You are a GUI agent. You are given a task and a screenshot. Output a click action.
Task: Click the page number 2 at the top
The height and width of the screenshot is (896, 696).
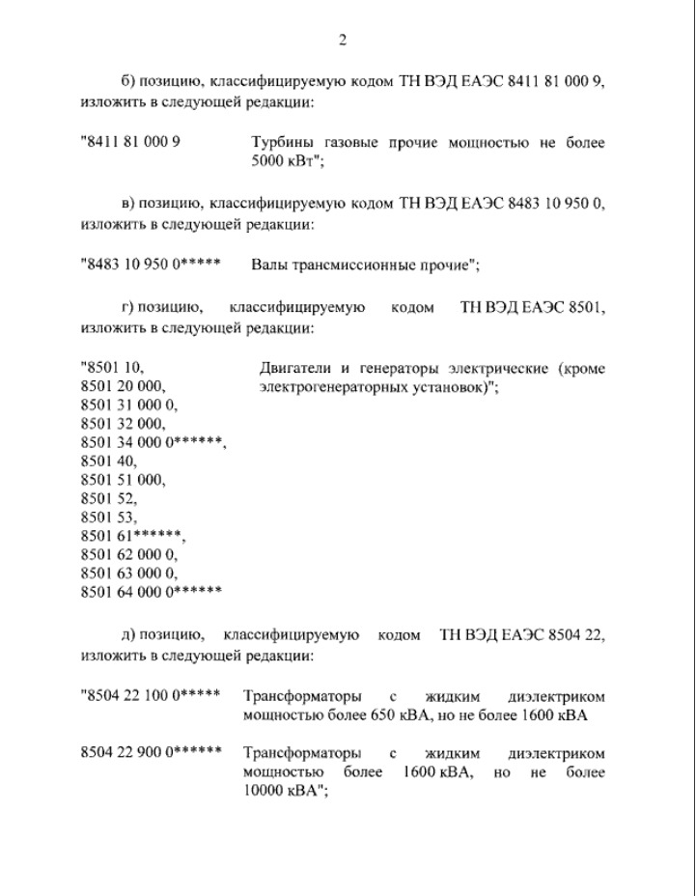(x=342, y=40)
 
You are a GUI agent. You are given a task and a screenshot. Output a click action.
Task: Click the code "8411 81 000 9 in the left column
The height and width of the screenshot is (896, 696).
(x=132, y=142)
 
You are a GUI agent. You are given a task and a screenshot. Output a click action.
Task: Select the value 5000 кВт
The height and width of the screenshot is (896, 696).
(x=282, y=160)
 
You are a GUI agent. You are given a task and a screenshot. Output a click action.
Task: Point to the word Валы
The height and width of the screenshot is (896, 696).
(x=268, y=264)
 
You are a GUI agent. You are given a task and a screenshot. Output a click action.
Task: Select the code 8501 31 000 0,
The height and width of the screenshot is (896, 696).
(x=129, y=405)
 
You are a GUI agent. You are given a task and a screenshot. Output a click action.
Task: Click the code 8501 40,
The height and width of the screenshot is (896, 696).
(x=109, y=462)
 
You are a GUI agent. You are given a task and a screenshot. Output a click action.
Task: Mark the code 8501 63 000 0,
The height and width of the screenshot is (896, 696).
(x=129, y=573)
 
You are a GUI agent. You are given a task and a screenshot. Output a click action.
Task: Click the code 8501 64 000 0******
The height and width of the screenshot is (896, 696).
(x=152, y=592)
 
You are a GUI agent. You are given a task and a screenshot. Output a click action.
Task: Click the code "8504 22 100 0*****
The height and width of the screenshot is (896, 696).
(x=151, y=696)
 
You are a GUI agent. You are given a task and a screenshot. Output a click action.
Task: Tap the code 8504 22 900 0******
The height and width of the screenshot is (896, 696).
(x=151, y=752)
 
